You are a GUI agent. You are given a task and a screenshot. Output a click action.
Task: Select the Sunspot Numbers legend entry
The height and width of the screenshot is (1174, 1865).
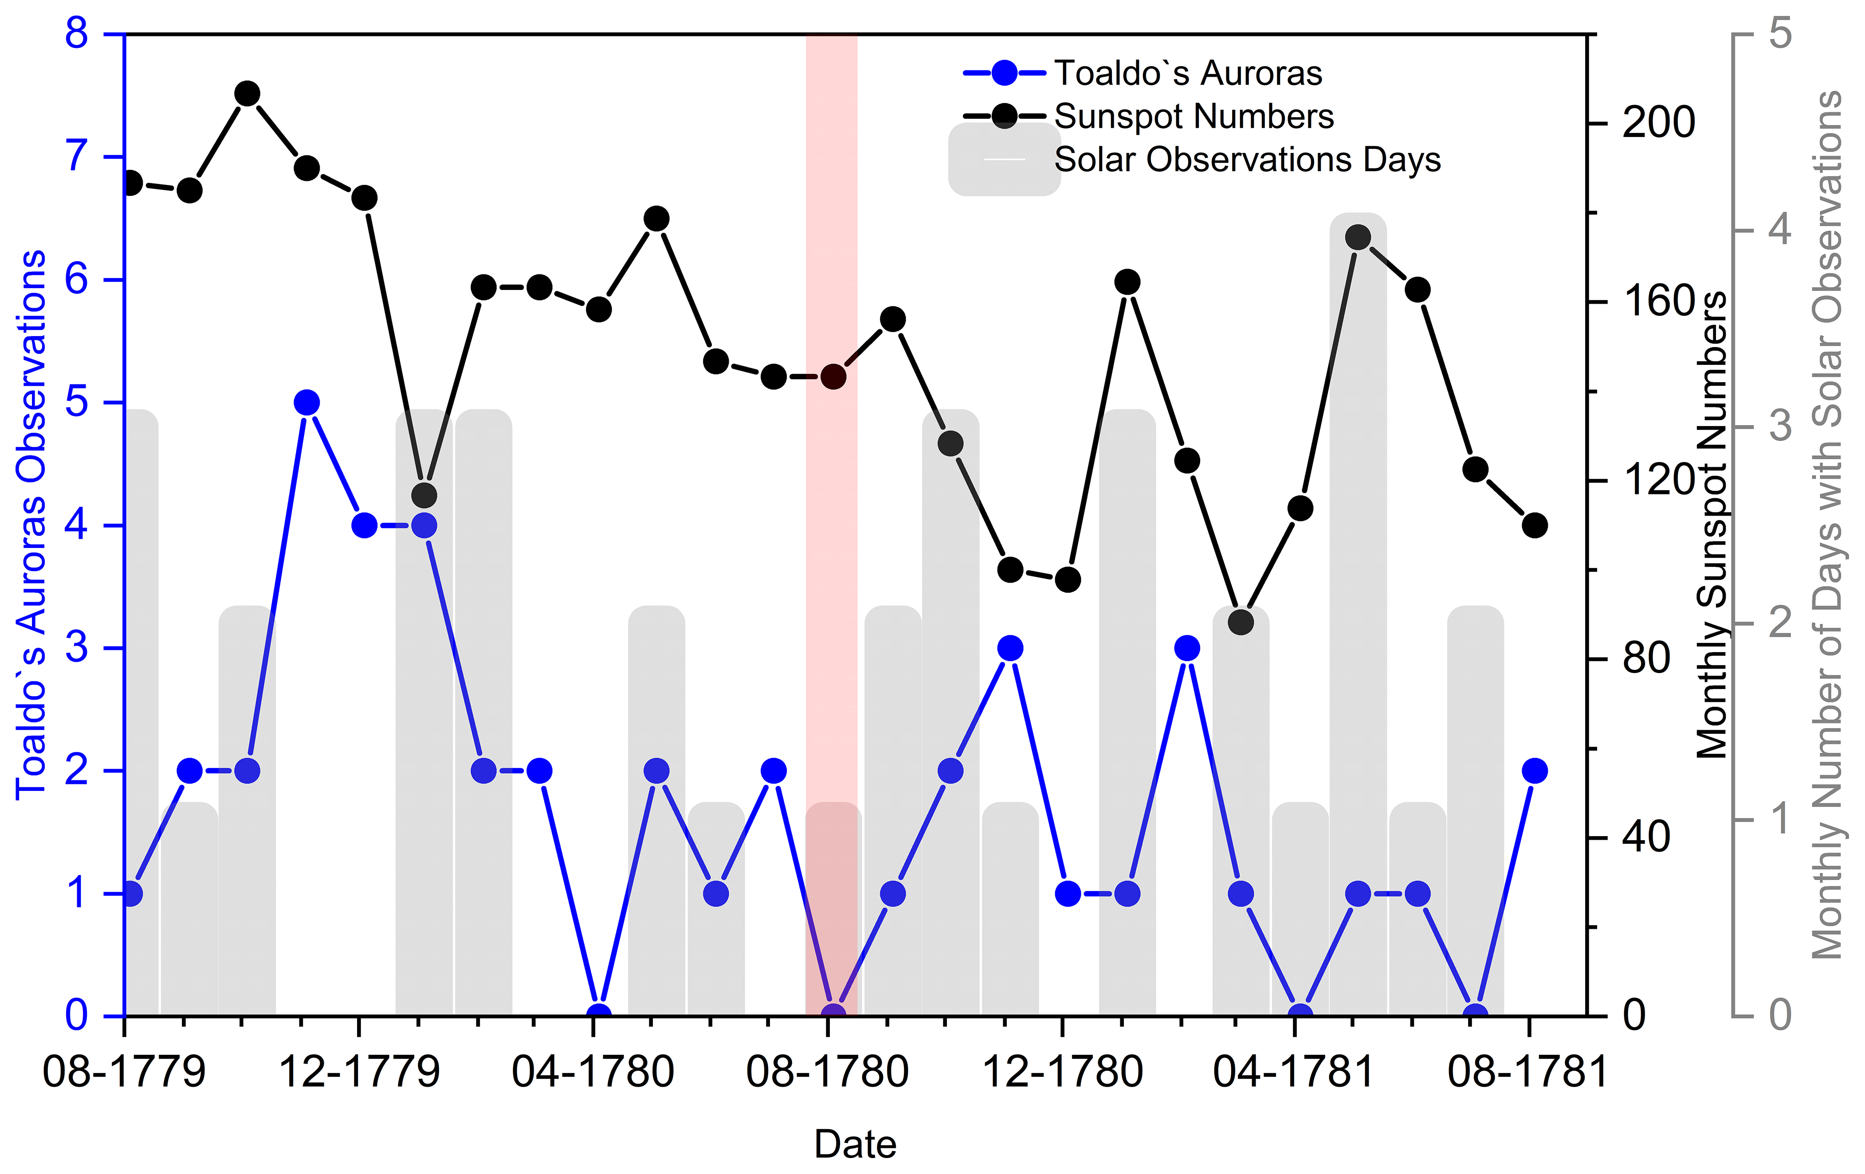click(1194, 117)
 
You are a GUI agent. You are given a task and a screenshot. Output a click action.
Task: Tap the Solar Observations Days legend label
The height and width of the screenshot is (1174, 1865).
click(1247, 160)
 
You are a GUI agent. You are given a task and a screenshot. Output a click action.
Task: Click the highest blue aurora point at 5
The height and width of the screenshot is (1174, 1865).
click(307, 403)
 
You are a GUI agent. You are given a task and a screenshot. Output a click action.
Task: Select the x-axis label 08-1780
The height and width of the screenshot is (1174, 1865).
click(827, 1072)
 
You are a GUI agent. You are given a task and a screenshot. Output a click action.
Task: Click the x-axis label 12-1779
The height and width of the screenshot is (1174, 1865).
click(359, 1072)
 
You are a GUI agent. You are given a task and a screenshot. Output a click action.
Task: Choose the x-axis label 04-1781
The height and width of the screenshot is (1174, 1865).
click(1293, 1072)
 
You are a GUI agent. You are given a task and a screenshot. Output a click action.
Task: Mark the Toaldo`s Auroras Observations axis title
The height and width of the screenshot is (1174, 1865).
click(31, 525)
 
